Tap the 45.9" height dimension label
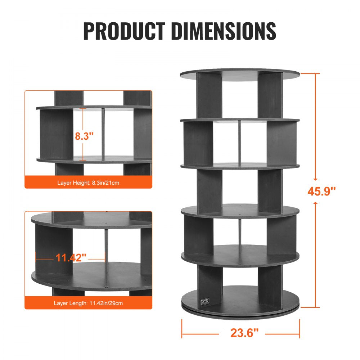[321, 191]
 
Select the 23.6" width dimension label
[245, 333]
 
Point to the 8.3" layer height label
[84, 136]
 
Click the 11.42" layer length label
[71, 257]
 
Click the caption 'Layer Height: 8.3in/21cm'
[88, 183]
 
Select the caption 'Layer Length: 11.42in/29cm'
[88, 303]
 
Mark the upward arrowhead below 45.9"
[315, 204]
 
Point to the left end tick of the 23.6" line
[182, 328]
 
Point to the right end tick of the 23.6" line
[300, 328]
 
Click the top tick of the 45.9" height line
[310, 73]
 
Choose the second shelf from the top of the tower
[240, 120]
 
